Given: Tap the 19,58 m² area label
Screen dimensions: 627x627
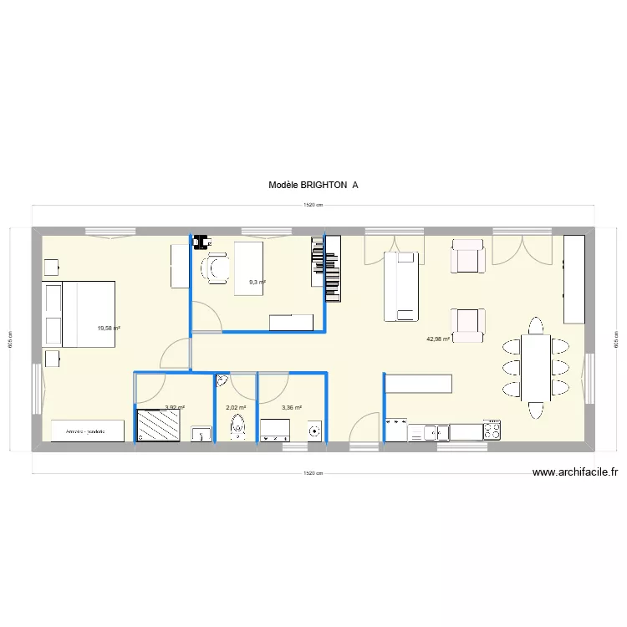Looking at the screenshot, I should pos(109,329).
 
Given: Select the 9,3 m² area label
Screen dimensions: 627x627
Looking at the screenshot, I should pos(257,283).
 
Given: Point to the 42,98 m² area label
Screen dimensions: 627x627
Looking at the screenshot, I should pos(438,339).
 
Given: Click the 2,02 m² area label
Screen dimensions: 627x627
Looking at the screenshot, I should pos(236,408).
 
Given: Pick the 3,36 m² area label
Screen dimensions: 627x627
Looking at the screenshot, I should pos(292,408).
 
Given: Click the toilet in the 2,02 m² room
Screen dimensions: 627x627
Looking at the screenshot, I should pos(239,429).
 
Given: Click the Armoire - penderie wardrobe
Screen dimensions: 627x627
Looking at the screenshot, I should pos(88,431).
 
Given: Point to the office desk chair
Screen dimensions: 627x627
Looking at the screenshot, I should pos(217,268).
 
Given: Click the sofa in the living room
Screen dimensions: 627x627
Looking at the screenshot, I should pos(400,286).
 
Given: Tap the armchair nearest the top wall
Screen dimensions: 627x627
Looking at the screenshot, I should pos(467,256).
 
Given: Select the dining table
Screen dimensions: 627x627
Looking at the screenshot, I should pos(536,368).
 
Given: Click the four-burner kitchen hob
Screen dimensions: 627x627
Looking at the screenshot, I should pos(493,431).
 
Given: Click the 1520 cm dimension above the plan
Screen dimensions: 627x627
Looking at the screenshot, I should pos(313,206).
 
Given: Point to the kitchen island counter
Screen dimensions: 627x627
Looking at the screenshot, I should pos(419,383).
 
